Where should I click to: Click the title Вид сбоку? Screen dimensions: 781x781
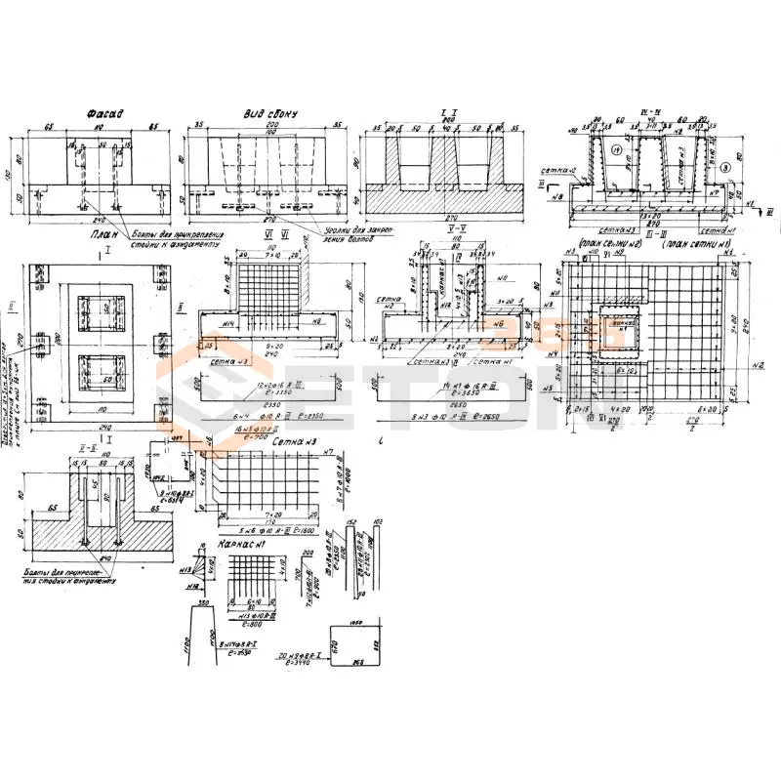[x=269, y=114]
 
